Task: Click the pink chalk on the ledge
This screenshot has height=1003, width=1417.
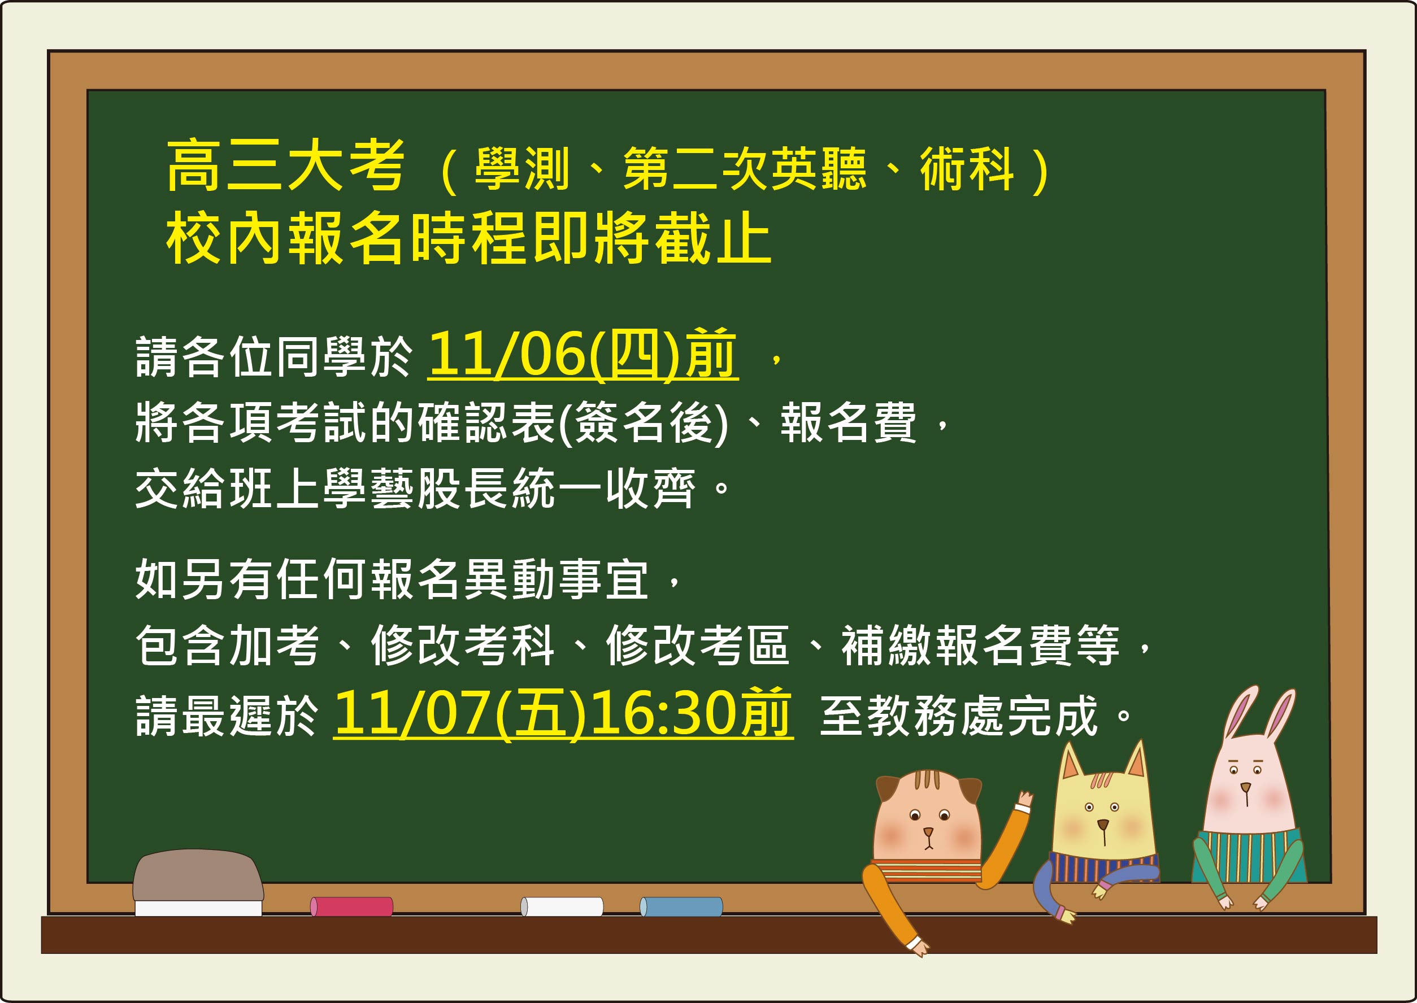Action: [x=351, y=906]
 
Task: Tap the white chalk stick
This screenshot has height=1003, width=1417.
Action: [x=562, y=906]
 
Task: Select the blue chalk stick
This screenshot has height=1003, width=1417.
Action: [x=681, y=906]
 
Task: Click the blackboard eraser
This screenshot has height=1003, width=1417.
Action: [x=198, y=883]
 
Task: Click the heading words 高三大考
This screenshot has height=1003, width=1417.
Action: [x=286, y=165]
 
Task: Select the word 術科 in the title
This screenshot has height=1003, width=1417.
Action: [x=967, y=169]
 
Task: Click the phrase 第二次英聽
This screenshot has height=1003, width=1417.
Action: [x=744, y=169]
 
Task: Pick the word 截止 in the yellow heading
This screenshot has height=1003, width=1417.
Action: [x=713, y=238]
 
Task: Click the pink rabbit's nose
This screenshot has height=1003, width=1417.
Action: [x=1246, y=787]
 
